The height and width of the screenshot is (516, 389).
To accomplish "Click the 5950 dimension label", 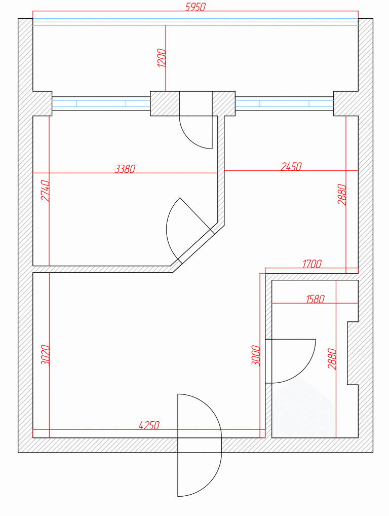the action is click(196, 7).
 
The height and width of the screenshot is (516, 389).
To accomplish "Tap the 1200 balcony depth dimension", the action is click(162, 58).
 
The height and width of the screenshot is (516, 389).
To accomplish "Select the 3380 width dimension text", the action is click(125, 169).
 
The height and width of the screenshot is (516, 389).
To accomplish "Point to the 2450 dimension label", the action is click(291, 167).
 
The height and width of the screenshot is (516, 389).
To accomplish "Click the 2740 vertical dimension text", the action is click(45, 191).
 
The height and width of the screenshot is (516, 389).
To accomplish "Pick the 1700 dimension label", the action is click(312, 264).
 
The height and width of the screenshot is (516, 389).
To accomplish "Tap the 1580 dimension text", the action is click(315, 299).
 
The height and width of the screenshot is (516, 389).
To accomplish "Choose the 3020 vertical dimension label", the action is click(45, 355).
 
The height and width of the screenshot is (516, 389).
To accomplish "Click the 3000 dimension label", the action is click(255, 356).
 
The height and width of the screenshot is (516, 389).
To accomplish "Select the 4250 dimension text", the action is click(149, 425).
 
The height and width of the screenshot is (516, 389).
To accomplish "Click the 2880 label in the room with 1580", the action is click(332, 359).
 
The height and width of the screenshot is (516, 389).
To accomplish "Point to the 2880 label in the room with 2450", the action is click(342, 195).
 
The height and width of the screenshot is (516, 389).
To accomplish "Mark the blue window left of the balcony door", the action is click(101, 104).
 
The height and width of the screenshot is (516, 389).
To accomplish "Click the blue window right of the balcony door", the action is click(285, 104).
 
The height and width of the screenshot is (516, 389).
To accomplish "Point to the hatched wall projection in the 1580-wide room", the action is click(353, 353).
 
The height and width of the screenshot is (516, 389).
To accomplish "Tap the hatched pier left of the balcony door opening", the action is click(165, 104).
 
